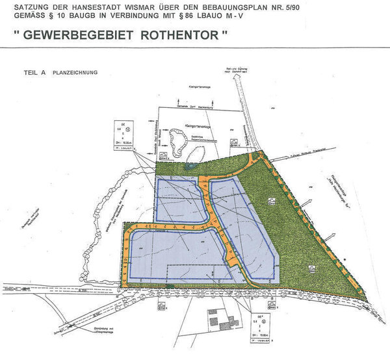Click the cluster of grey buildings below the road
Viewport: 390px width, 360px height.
[218, 321]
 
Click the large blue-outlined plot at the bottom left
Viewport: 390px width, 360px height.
[176, 253]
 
